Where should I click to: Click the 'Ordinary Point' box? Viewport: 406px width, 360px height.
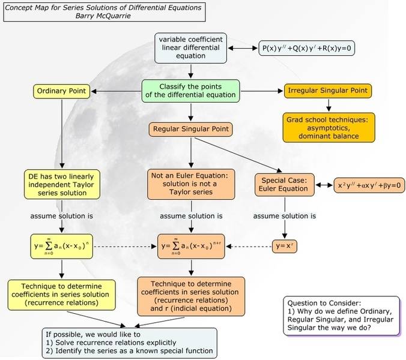pos(61,92)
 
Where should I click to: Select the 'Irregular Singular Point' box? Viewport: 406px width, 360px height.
pos(327,92)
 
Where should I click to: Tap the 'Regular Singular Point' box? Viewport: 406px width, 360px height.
pos(191,128)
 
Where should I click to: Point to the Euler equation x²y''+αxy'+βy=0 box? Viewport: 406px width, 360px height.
pos(369,186)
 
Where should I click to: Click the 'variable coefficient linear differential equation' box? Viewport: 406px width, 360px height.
pos(190,48)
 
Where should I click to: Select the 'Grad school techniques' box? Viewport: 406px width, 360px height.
pos(328,127)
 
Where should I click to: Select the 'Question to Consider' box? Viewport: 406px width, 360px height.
pos(341,316)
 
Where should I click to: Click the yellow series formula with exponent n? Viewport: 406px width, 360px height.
pos(61,246)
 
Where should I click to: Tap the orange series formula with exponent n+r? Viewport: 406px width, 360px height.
pos(191,246)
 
